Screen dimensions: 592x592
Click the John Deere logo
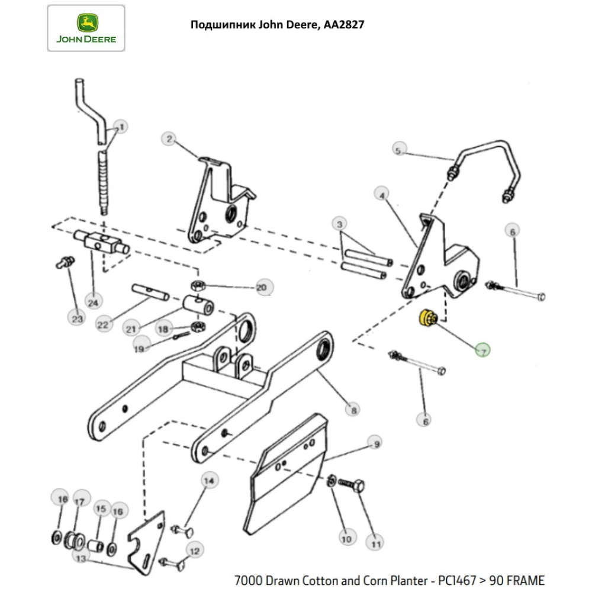[86, 28]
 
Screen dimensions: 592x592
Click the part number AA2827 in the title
[343, 25]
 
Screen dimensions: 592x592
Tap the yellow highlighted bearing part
[426, 318]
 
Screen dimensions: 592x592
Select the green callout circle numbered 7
[482, 351]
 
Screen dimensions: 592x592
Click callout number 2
[169, 139]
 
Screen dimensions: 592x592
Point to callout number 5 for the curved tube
[398, 150]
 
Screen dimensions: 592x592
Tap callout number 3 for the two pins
[339, 224]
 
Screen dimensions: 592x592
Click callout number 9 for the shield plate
[374, 442]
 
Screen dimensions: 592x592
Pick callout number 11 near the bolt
[374, 541]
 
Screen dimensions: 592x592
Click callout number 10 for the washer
[346, 538]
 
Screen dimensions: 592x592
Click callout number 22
[104, 324]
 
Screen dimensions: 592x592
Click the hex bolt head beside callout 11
[356, 487]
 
